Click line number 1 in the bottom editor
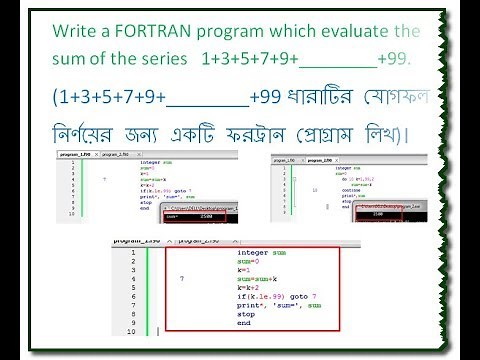pos(132,253)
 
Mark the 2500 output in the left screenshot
pos(204,214)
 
